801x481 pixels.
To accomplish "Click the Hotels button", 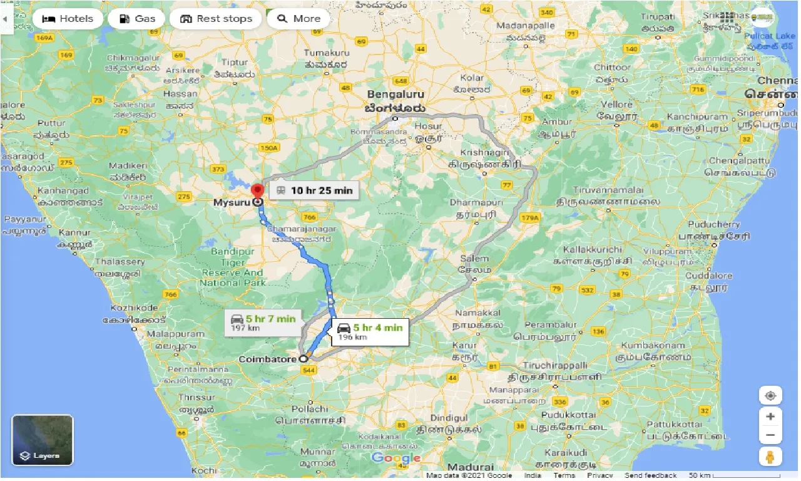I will (x=67, y=19).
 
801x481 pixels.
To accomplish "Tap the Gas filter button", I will (x=136, y=19).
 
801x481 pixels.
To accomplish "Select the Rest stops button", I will (x=217, y=19).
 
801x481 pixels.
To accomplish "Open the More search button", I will (x=298, y=19).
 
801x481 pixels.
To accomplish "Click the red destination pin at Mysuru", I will (x=257, y=190).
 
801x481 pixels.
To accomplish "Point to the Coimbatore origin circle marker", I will (x=304, y=359).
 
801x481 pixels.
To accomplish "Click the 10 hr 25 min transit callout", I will (x=314, y=190).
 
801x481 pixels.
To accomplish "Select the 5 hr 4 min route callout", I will (x=370, y=331).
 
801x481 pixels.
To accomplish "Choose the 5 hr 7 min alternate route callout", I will (x=263, y=323).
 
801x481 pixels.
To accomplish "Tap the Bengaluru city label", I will (x=395, y=95).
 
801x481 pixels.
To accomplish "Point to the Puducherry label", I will (x=713, y=224).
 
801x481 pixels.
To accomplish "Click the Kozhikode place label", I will (x=134, y=308).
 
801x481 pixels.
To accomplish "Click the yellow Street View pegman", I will (x=770, y=456).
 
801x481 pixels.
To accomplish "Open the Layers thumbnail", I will (x=43, y=440).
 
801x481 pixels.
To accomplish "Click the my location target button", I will (x=770, y=396).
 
